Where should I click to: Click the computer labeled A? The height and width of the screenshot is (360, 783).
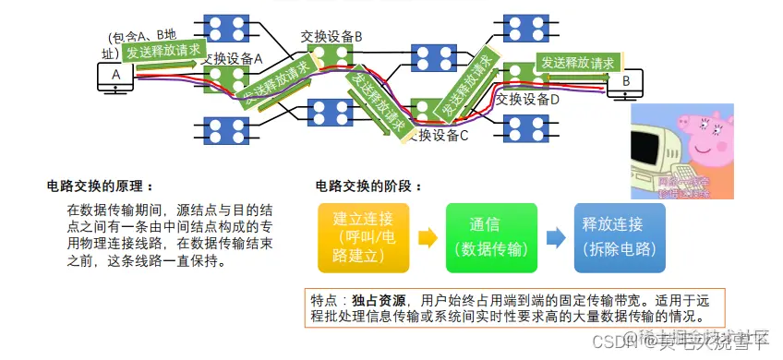pyautogui.click(x=115, y=77)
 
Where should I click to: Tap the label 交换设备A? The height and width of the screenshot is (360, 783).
pyautogui.click(x=233, y=57)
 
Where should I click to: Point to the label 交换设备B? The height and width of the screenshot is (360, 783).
pyautogui.click(x=331, y=36)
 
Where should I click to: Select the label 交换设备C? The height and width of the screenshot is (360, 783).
pyautogui.click(x=439, y=136)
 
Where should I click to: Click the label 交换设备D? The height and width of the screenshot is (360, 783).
pyautogui.click(x=528, y=99)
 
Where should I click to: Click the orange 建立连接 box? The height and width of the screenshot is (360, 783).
pyautogui.click(x=362, y=238)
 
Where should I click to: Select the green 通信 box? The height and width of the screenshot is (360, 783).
pyautogui.click(x=490, y=238)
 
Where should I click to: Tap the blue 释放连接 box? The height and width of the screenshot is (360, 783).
pyautogui.click(x=619, y=238)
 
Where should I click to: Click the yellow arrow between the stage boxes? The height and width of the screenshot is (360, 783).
pyautogui.click(x=428, y=238)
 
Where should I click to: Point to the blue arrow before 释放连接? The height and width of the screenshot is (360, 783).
pyautogui.click(x=555, y=238)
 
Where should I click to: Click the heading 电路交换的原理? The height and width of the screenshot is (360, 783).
pyautogui.click(x=99, y=186)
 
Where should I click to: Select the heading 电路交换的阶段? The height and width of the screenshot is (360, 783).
pyautogui.click(x=368, y=186)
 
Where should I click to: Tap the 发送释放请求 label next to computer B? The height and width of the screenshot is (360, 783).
pyautogui.click(x=577, y=63)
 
